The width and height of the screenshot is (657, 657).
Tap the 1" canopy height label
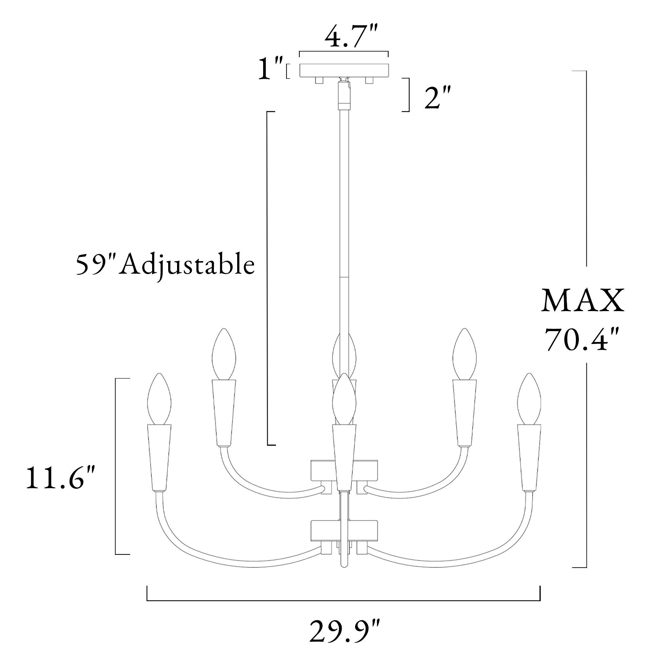pos(271,68)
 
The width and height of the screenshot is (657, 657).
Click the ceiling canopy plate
pos(344,70)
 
